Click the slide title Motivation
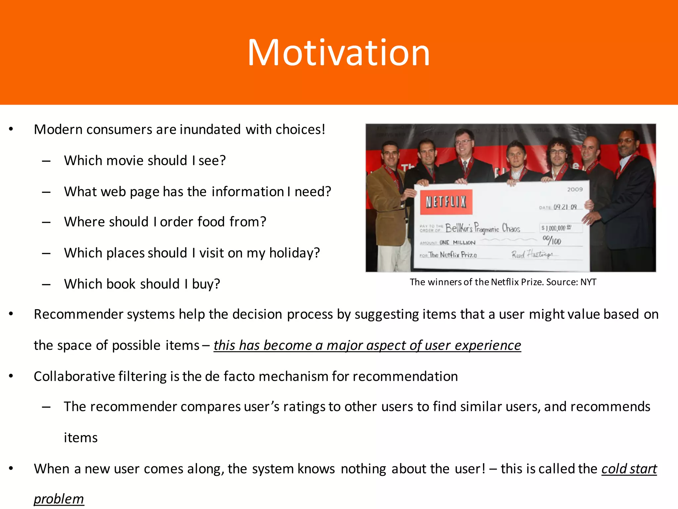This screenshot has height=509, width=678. tap(338, 53)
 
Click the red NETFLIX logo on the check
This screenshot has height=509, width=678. tap(446, 202)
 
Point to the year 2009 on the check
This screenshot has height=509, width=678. tap(575, 190)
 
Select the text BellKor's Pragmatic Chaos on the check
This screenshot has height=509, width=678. tap(482, 228)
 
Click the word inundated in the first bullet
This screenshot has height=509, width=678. tap(210, 130)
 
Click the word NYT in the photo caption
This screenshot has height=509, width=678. tap(588, 282)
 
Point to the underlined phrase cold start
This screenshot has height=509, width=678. tap(629, 469)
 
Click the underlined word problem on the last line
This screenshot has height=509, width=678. tap(59, 499)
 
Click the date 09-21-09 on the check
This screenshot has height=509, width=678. tap(565, 207)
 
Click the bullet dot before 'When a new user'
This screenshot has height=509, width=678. tap(11, 468)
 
